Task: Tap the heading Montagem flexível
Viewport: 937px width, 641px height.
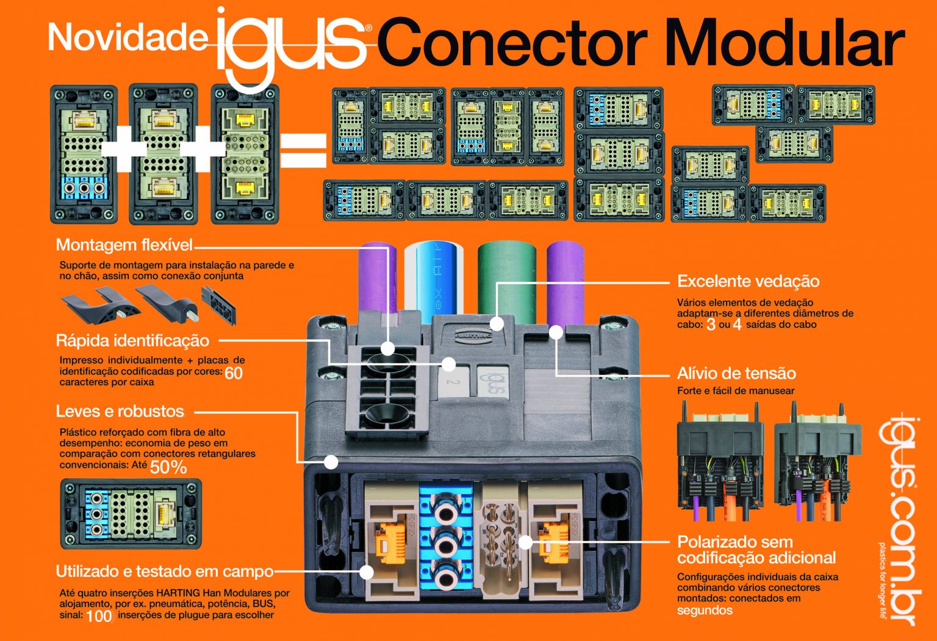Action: tap(124, 245)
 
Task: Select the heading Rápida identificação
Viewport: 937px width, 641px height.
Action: tap(132, 340)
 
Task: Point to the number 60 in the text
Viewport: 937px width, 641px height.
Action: tap(234, 373)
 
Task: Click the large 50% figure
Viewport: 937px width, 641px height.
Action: tap(168, 467)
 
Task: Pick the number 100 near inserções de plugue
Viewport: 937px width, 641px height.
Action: tap(99, 616)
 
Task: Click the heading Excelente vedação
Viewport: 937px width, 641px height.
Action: tap(748, 281)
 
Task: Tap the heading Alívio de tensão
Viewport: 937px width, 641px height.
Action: tap(736, 373)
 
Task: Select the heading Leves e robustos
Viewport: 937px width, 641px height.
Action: tap(120, 411)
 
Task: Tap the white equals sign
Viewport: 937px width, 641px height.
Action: tap(303, 149)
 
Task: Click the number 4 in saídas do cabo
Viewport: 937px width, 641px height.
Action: tap(737, 324)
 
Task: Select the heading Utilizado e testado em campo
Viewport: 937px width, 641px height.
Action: tap(165, 571)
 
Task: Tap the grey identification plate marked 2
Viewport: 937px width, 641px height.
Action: tap(453, 382)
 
